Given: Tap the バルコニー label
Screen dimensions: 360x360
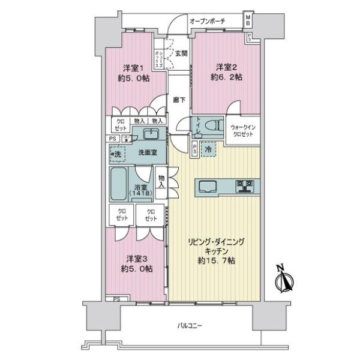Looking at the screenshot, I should [x=190, y=326].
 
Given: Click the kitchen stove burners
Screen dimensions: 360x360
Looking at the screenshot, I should [x=247, y=186].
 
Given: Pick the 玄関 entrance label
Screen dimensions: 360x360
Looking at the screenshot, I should [x=180, y=52].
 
